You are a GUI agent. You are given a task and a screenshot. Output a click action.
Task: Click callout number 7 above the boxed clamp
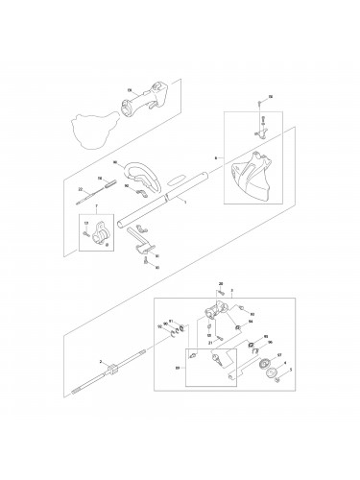tap(96, 208)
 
